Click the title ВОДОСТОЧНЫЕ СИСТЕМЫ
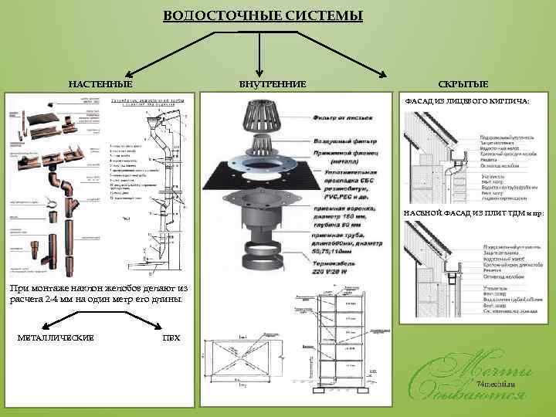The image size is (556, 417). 263,16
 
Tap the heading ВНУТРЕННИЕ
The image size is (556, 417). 272,83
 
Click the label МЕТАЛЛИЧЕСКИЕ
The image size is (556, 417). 56,338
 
